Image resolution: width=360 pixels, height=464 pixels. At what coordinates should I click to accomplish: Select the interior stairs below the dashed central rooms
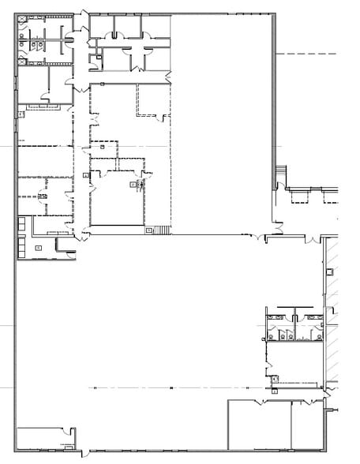point(162,230)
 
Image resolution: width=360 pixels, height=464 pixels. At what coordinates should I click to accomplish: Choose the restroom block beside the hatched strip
point(294,325)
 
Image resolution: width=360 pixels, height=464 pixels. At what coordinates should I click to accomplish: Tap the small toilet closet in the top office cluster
point(96,55)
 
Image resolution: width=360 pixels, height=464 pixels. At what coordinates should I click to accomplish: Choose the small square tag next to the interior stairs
point(148,230)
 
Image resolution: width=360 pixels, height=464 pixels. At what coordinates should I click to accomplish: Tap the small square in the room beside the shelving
point(37,247)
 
